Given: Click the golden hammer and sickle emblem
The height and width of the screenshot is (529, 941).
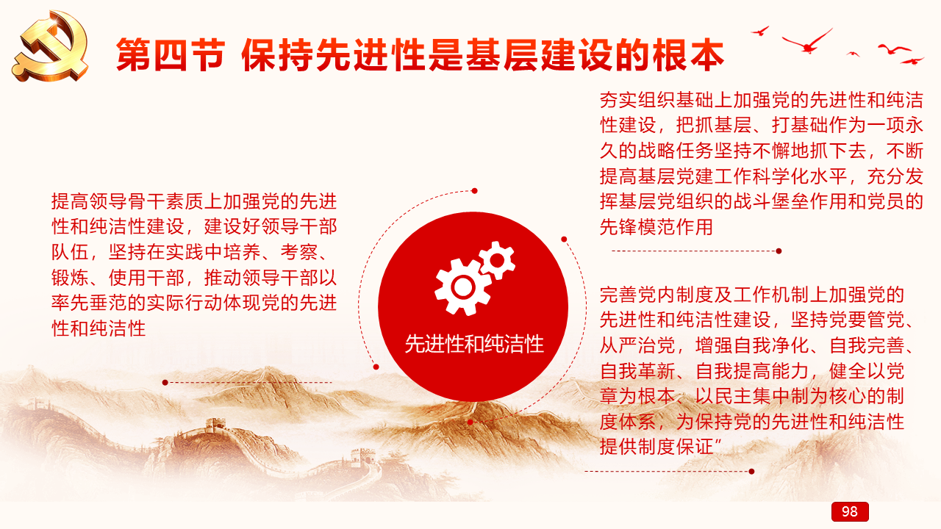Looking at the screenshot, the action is click(x=51, y=46).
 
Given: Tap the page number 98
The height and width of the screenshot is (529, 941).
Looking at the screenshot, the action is click(x=849, y=511).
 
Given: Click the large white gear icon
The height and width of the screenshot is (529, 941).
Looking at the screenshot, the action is click(x=463, y=287).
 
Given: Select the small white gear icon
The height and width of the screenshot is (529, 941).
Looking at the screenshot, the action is click(x=497, y=260).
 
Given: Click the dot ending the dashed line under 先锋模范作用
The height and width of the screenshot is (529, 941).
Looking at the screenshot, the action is click(x=779, y=251).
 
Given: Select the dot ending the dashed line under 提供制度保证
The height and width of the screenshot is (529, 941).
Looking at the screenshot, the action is click(x=751, y=472).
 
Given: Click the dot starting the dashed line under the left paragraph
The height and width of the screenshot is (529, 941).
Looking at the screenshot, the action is click(x=165, y=383).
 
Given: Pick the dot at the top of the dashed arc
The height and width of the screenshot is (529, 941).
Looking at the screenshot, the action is click(x=474, y=191).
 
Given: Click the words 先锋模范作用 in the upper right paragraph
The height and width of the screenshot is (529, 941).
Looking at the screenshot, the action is click(x=656, y=227).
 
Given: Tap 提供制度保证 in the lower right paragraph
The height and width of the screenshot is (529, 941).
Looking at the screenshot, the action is click(x=656, y=447).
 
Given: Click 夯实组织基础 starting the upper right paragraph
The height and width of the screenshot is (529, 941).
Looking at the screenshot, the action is click(x=656, y=100).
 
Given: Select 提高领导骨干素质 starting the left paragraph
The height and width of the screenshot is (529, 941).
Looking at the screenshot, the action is click(x=127, y=201).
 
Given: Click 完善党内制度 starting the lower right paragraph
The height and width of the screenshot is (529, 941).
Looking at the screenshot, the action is click(x=656, y=295).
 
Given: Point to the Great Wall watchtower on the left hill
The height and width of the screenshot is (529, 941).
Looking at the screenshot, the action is click(x=216, y=425).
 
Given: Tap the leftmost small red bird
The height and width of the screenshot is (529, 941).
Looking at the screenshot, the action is click(x=760, y=31).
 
